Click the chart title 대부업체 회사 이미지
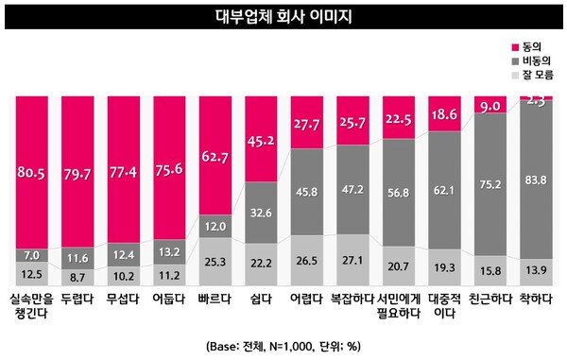283,16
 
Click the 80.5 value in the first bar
32,172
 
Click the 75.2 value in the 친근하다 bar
492,185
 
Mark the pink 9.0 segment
492,106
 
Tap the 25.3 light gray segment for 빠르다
216,262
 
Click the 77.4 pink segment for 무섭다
125,172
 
